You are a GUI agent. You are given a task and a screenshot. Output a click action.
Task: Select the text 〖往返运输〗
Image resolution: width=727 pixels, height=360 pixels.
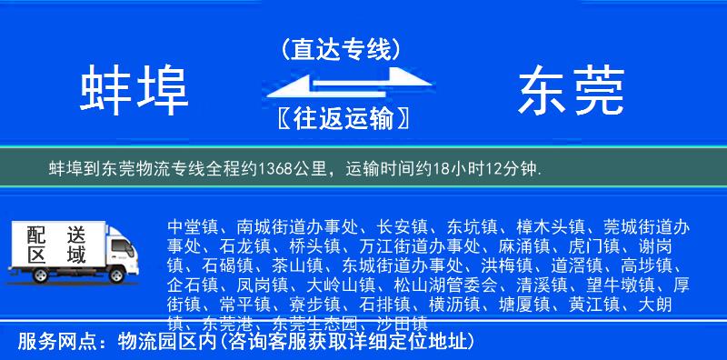coord(340,118)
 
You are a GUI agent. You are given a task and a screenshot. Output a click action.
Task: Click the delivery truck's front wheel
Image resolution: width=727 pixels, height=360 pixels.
coord(117,275)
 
